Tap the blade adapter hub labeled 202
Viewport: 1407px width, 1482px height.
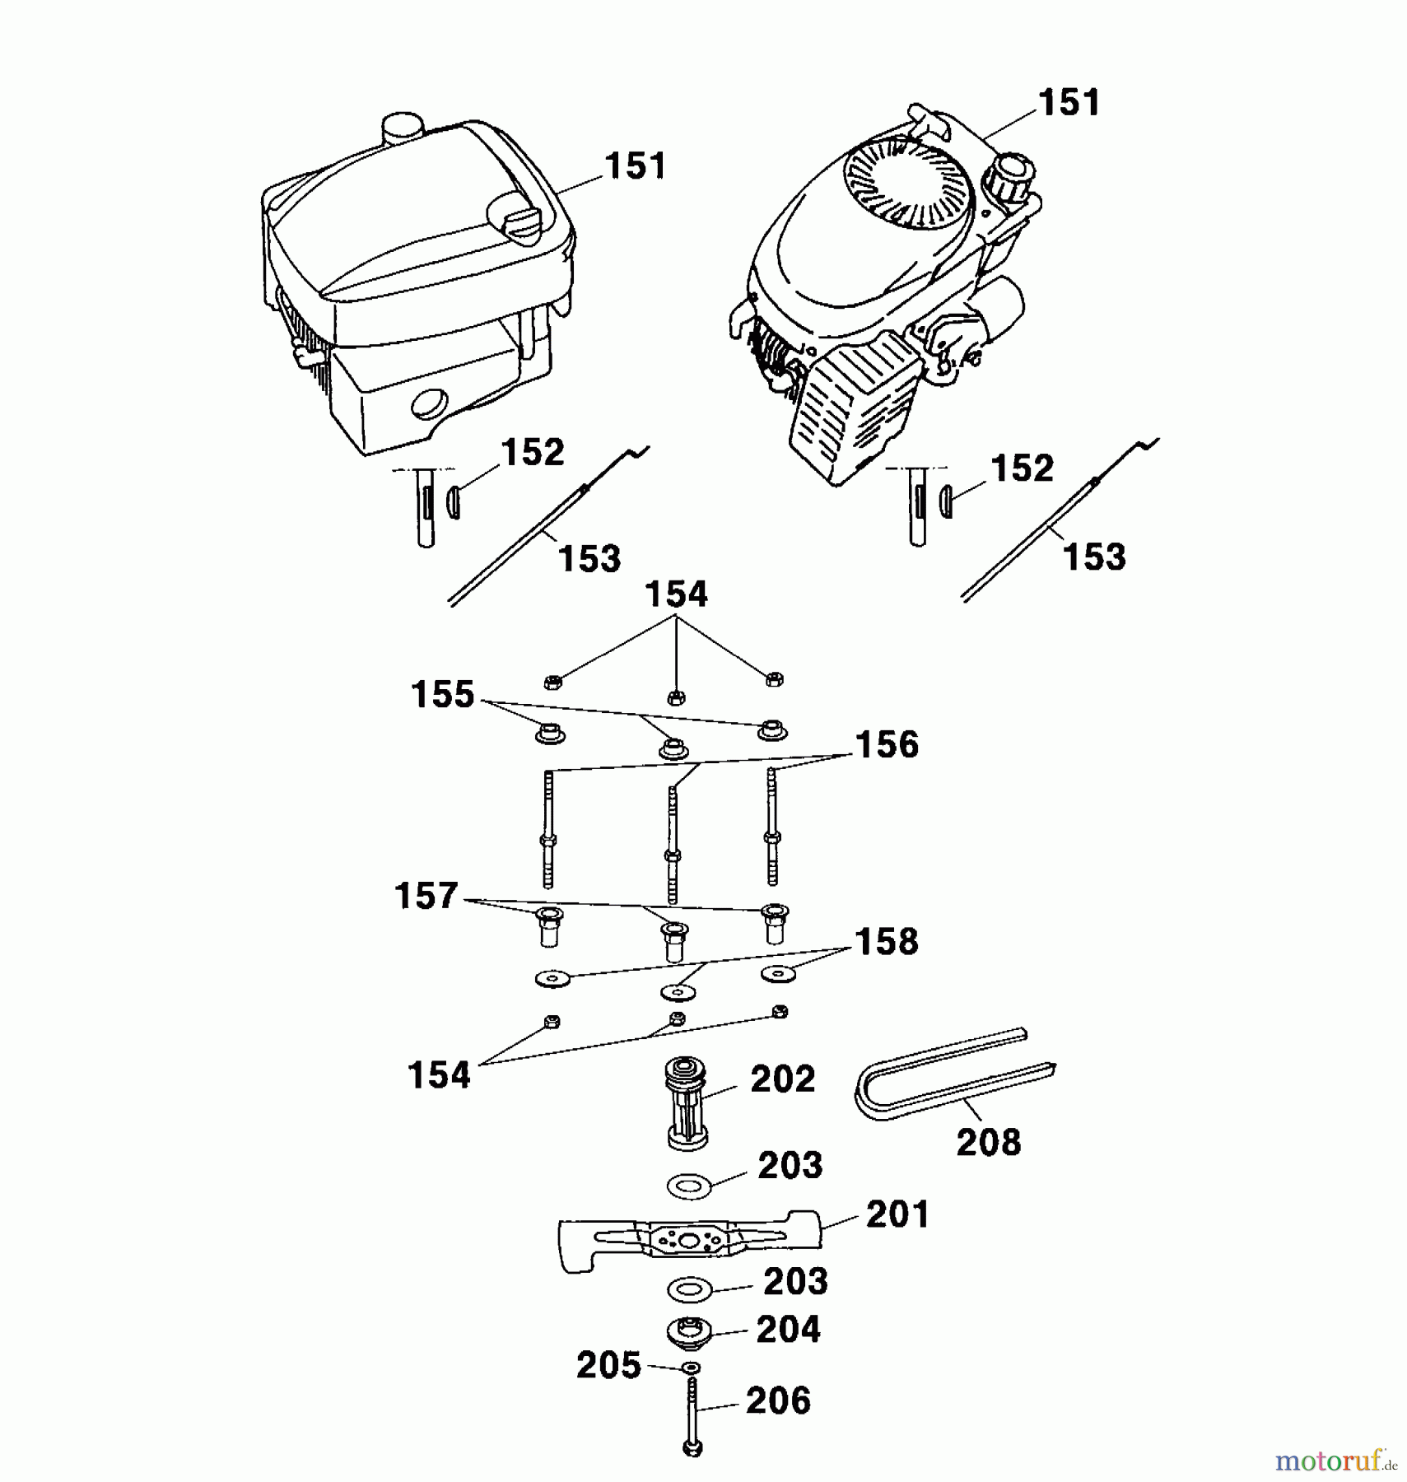(686, 1103)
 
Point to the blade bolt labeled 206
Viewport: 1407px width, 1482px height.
(692, 1419)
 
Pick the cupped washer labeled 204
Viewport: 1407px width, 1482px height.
(690, 1331)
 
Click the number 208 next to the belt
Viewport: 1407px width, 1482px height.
(988, 1142)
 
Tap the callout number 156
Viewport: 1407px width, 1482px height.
(887, 745)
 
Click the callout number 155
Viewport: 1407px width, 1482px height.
(443, 695)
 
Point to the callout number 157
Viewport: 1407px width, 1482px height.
(426, 896)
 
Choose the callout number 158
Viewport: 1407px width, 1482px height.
(886, 942)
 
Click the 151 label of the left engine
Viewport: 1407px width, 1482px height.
(635, 166)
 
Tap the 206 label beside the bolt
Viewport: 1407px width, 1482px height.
(778, 1401)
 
